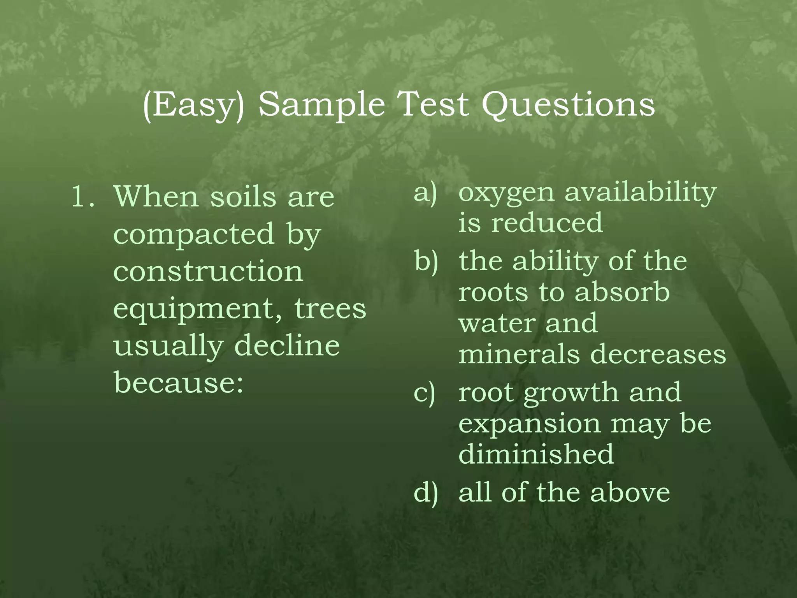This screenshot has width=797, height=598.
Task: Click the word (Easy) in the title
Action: coord(193,105)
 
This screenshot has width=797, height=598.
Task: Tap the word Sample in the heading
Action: coord(321,105)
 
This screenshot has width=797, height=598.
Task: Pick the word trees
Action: coord(330,308)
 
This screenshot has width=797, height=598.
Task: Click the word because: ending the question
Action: coord(179,382)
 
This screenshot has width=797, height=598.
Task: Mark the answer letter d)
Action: coord(426,493)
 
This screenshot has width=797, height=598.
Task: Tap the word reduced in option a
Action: coord(547,223)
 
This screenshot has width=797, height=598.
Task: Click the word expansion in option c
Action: coord(529,424)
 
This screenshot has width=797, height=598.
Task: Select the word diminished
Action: coord(536,454)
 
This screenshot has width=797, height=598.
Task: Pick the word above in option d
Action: coord(630,492)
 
